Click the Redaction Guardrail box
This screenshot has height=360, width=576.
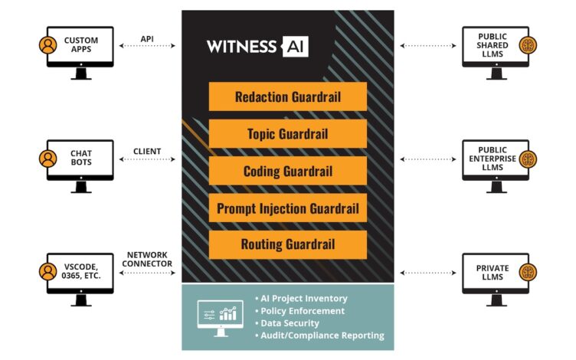287,97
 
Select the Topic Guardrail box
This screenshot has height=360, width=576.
287,134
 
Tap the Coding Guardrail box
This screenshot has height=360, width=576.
287,171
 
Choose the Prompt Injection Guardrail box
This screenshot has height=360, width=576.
287,208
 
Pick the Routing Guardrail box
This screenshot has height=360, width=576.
287,244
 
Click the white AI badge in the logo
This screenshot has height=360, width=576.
295,46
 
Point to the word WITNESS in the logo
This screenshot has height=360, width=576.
241,46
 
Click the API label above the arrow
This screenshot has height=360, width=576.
148,38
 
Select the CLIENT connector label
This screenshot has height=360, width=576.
148,152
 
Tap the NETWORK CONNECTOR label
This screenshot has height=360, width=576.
148,259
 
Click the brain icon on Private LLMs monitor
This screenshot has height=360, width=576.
528,272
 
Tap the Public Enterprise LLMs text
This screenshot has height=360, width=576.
493,159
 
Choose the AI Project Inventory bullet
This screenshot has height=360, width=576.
304,299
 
